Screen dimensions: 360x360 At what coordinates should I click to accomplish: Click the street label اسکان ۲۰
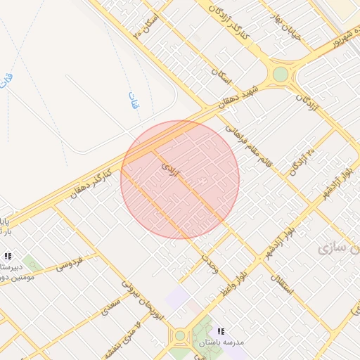[146, 27]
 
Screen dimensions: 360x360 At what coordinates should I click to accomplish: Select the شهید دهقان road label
[238, 98]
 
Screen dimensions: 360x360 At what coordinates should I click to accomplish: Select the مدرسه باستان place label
[220, 342]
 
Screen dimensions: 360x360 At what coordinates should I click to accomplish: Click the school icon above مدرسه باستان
[221, 331]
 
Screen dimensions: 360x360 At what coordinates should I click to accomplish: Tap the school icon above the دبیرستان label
[8, 256]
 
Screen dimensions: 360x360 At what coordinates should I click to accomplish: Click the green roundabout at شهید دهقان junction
[281, 74]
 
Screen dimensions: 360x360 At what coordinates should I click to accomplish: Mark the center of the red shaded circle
[180, 179]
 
